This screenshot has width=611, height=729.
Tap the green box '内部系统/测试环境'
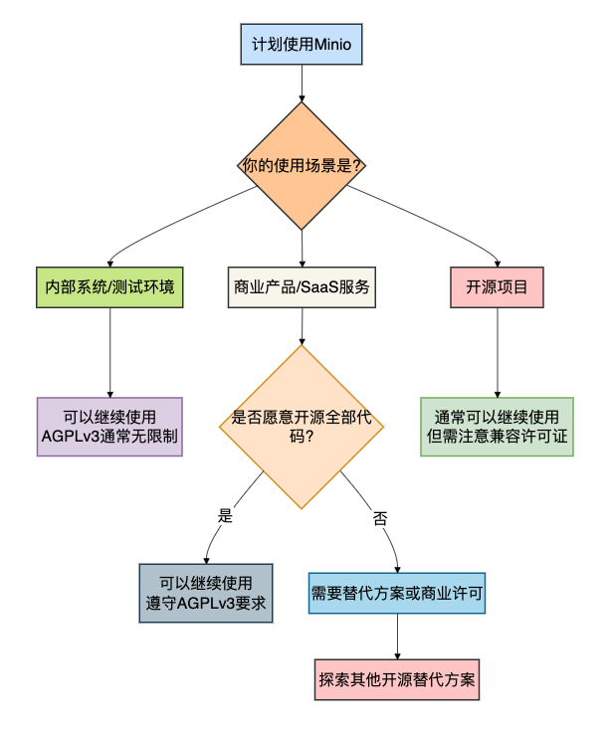click(x=109, y=287)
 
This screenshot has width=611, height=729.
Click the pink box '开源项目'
click(x=497, y=287)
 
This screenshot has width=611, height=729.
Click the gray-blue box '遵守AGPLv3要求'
click(x=206, y=594)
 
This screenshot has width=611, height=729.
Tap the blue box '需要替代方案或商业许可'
click(x=398, y=594)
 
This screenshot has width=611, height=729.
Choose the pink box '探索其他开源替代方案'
click(x=398, y=681)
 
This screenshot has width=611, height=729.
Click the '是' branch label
click(x=225, y=515)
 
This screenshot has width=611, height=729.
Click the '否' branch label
click(x=380, y=517)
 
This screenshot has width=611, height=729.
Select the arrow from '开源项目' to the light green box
click(x=497, y=351)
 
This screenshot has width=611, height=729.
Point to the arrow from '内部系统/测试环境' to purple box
click(x=109, y=351)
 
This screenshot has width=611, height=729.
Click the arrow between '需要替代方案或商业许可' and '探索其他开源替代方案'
click(x=398, y=637)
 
